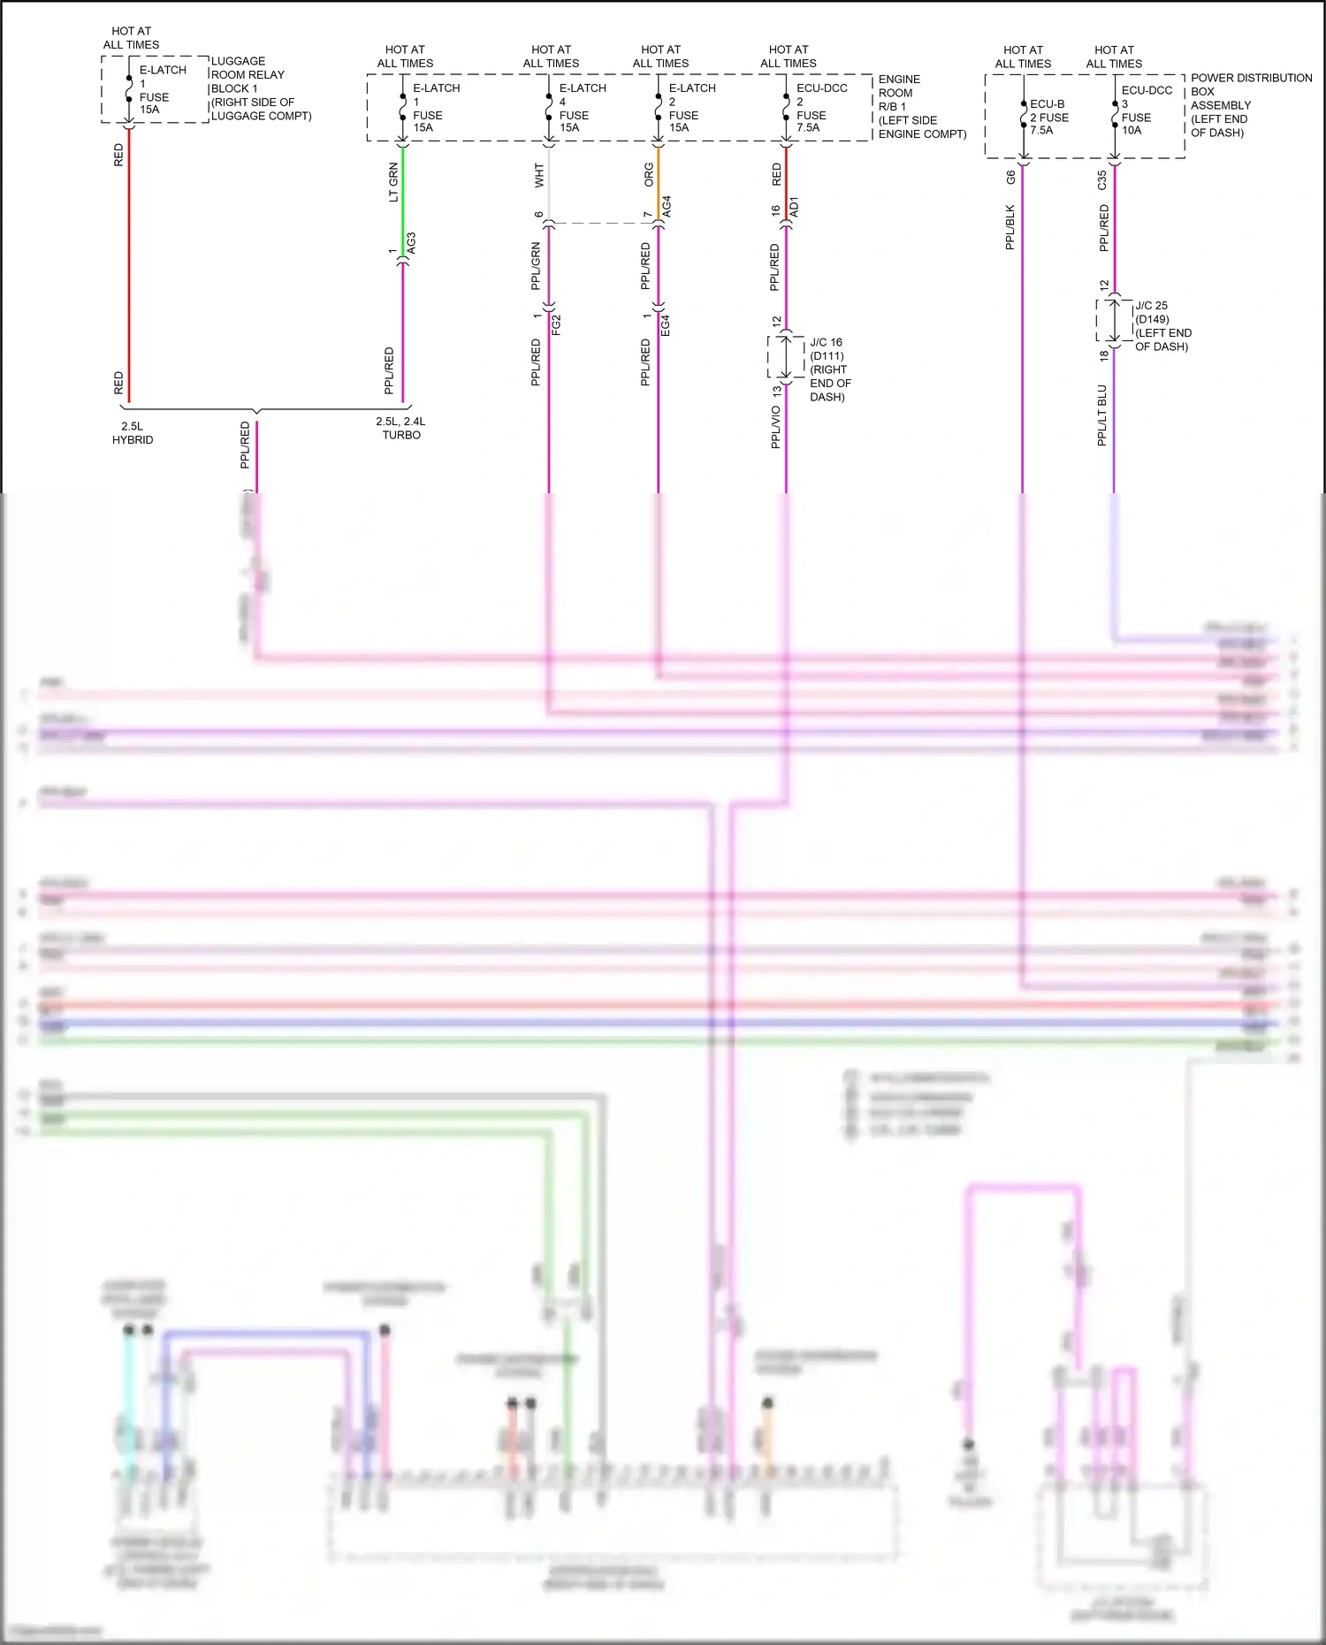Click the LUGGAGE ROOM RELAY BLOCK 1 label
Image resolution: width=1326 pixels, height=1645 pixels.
(x=260, y=88)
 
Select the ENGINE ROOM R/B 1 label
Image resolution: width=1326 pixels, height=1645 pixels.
(x=921, y=106)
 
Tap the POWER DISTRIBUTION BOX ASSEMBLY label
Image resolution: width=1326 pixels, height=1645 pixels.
(x=1250, y=105)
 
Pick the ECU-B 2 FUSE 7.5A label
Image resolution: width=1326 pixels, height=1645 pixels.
(x=1048, y=117)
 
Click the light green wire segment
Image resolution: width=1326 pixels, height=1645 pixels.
(x=403, y=199)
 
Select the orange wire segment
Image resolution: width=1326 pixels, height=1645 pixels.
(x=659, y=181)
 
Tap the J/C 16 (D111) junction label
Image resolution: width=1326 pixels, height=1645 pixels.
(x=829, y=369)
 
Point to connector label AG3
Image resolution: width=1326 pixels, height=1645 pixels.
(x=412, y=244)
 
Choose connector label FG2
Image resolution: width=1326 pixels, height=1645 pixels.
(x=557, y=324)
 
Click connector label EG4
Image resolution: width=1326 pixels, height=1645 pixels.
(x=667, y=324)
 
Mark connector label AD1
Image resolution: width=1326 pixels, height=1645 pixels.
(x=794, y=207)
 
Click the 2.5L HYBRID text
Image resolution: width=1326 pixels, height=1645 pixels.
(x=133, y=433)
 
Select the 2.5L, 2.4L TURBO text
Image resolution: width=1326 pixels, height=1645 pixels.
(x=400, y=429)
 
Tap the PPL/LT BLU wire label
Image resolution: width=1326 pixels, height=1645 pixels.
(x=1102, y=415)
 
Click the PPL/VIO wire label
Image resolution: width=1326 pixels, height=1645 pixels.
(x=776, y=427)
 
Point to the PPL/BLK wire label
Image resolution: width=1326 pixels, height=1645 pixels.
(x=1010, y=227)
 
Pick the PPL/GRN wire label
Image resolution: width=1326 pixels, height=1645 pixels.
(x=536, y=266)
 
